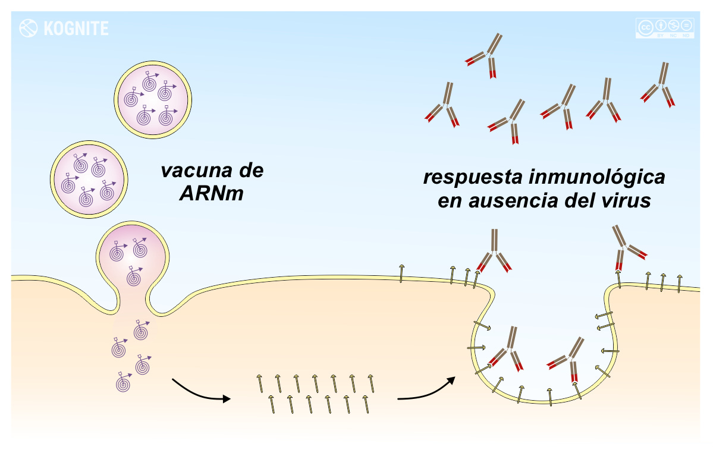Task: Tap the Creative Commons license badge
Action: click(x=665, y=28)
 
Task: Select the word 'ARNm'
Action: click(x=211, y=194)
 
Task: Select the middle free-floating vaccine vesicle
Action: click(x=89, y=177)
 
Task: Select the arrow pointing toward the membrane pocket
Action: click(x=426, y=391)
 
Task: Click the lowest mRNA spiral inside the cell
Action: click(x=124, y=382)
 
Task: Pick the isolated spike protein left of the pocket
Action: click(x=402, y=272)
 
